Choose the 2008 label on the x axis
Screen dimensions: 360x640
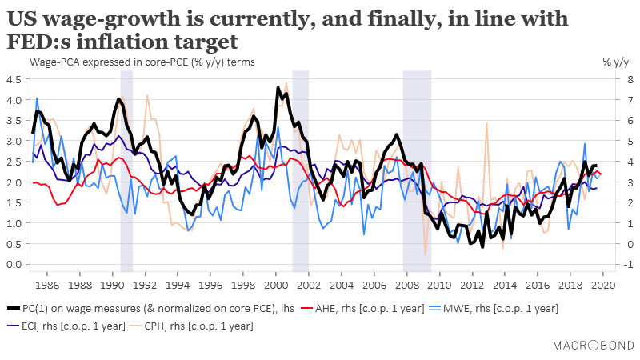pyautogui.click(x=406, y=285)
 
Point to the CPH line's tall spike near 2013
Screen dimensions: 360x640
pyautogui.click(x=487, y=124)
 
